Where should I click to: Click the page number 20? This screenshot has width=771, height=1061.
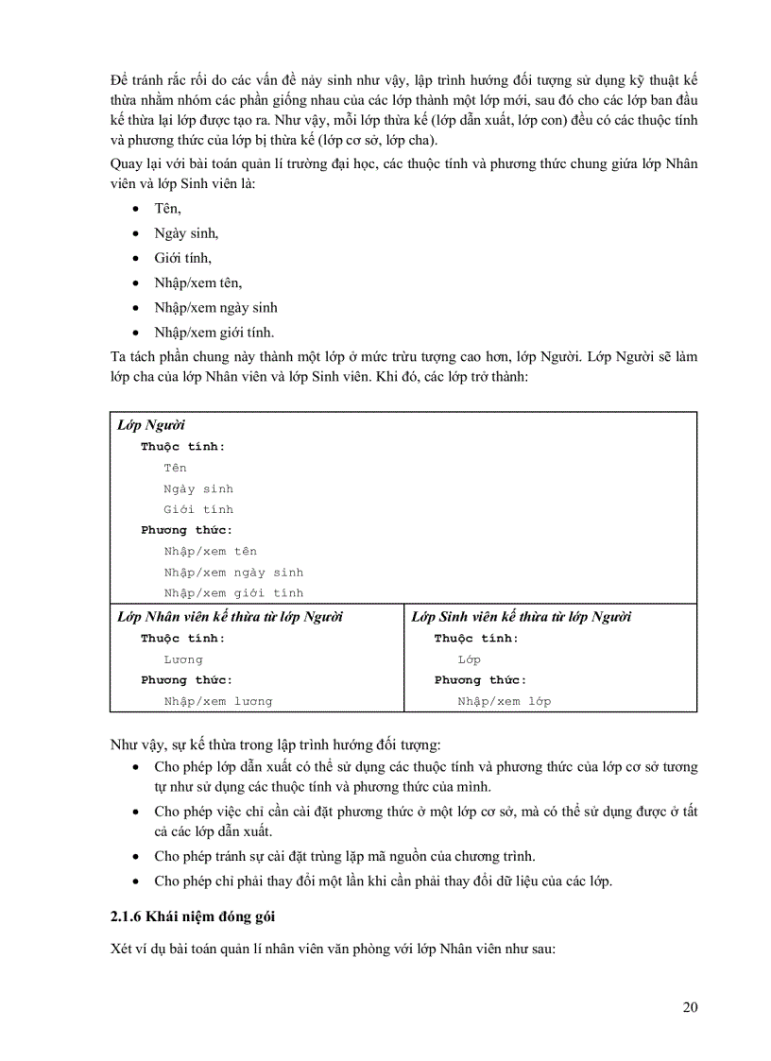(690, 1007)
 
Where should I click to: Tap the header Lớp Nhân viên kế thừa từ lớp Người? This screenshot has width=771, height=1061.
(230, 617)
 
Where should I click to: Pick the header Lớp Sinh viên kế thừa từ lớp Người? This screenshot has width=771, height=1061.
(522, 617)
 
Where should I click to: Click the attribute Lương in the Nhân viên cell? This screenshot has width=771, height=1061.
(183, 659)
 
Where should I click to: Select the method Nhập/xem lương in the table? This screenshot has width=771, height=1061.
(217, 701)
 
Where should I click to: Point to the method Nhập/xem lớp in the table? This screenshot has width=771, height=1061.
(505, 701)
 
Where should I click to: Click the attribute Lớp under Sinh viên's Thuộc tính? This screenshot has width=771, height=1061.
(470, 659)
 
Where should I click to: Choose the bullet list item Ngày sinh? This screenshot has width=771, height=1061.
(186, 232)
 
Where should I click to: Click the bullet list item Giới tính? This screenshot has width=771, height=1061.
(183, 257)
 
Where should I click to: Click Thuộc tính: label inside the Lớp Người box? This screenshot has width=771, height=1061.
(183, 447)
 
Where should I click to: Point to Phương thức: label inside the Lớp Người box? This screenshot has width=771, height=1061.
(187, 530)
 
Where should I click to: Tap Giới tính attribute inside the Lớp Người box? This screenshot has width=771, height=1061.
(198, 509)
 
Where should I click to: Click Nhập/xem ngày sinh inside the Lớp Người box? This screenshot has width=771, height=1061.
(233, 573)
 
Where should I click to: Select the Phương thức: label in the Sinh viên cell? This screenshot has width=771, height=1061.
(481, 680)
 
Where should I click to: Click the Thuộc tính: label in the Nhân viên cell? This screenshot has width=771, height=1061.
(183, 639)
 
